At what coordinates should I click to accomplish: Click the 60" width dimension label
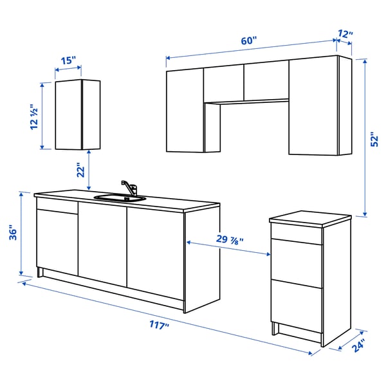[x=249, y=41]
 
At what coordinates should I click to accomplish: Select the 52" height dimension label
[x=376, y=143]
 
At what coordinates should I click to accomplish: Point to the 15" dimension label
[x=68, y=61]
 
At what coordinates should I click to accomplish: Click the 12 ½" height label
[x=35, y=118]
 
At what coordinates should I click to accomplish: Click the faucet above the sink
[x=129, y=187]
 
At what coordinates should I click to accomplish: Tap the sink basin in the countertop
[x=119, y=198]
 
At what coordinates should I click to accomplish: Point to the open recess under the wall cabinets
[x=254, y=125]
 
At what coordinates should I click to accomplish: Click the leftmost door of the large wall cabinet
[x=185, y=111]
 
